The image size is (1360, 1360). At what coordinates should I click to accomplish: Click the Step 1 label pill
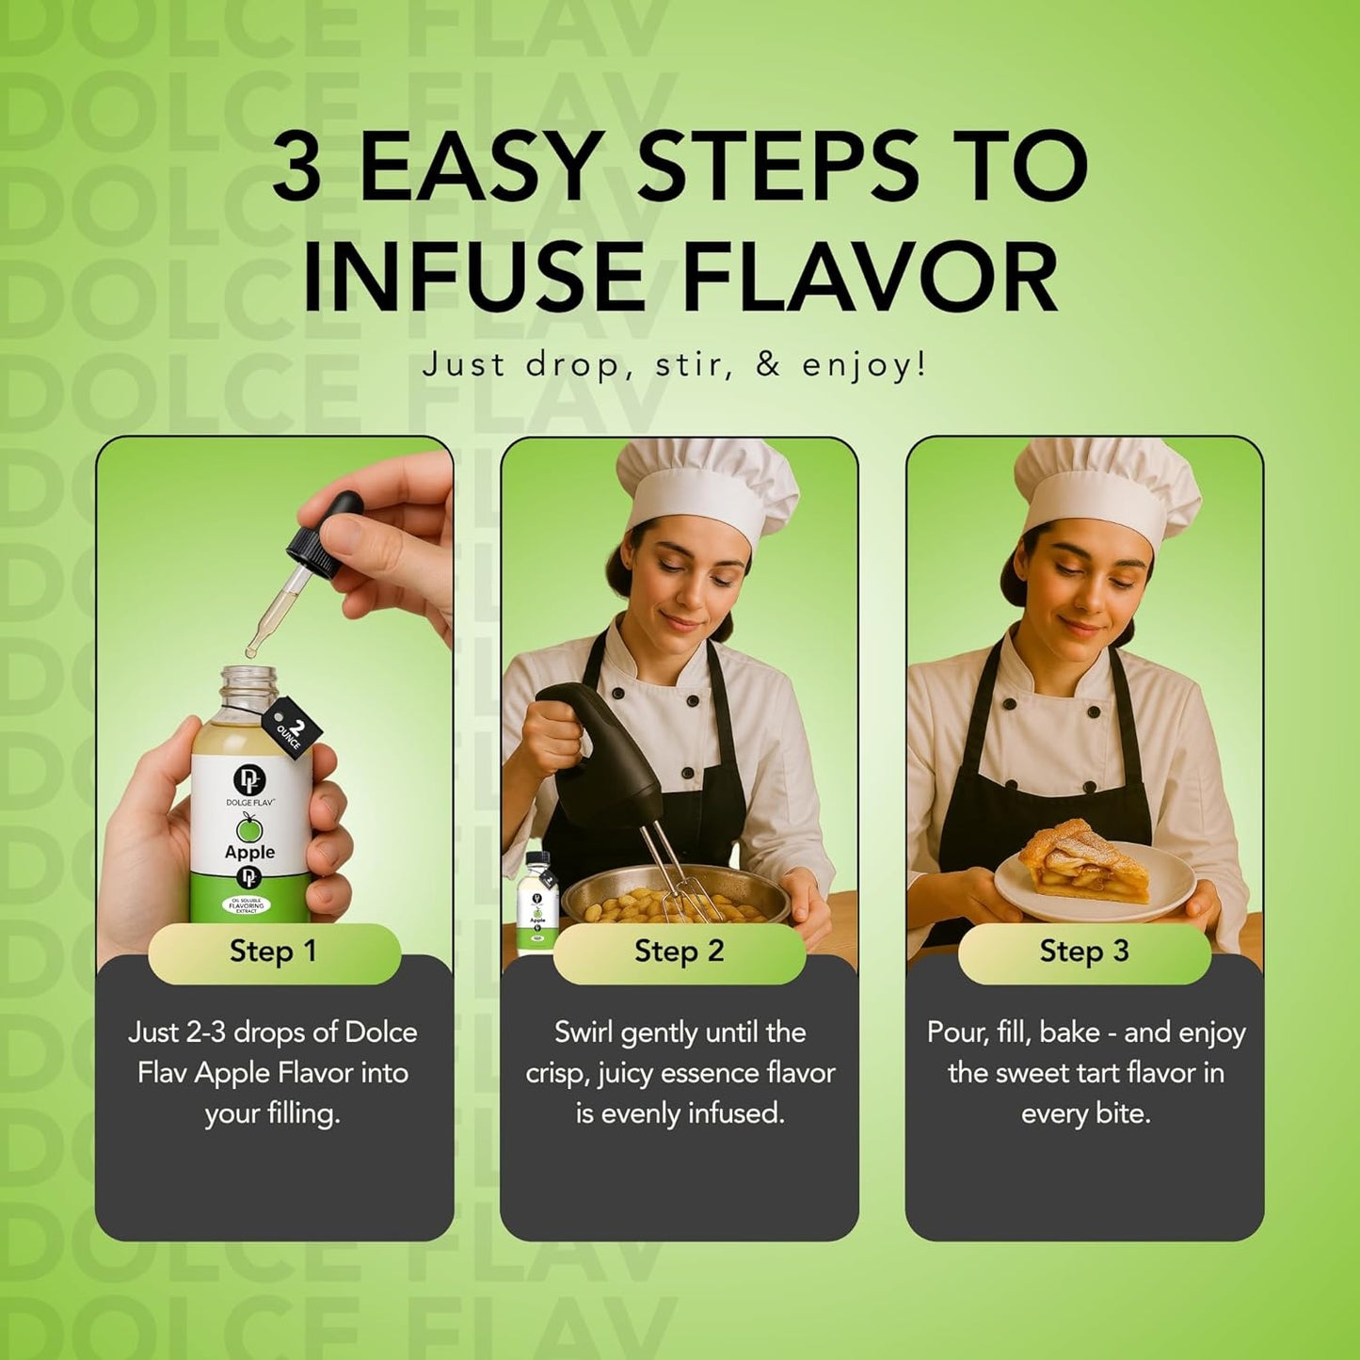(x=274, y=952)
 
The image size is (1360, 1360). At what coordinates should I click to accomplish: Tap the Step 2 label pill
(x=679, y=952)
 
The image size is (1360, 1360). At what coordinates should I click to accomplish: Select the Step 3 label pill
(x=1083, y=952)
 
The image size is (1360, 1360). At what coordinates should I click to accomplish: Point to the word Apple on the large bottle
(x=249, y=852)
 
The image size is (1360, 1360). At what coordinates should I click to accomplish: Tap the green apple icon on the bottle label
(x=249, y=828)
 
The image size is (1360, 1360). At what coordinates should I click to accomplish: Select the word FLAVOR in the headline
(x=871, y=279)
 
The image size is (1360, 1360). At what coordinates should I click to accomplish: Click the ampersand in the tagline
(x=768, y=364)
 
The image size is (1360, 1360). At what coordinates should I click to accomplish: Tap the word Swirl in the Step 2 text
(x=584, y=1032)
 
